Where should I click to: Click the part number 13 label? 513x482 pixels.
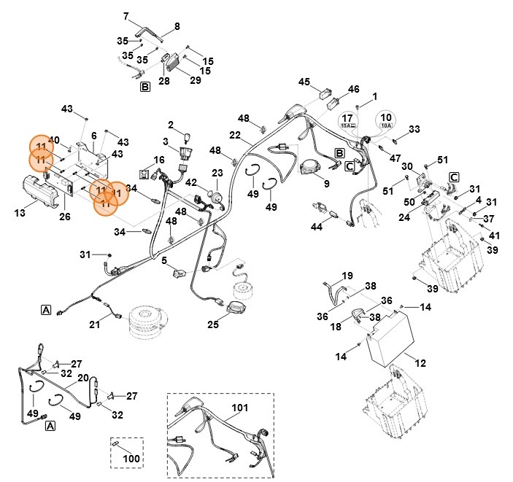click(x=20, y=212)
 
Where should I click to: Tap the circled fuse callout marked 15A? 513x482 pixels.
click(x=348, y=121)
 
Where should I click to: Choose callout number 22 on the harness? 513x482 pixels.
click(x=235, y=135)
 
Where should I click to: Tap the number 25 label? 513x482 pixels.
click(x=214, y=324)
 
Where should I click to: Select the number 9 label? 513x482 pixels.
click(x=326, y=184)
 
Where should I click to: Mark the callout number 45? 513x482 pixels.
click(x=305, y=82)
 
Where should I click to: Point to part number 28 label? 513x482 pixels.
click(x=164, y=81)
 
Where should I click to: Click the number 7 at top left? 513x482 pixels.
click(x=126, y=16)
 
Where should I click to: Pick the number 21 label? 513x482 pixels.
click(x=95, y=324)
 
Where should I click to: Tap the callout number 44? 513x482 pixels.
click(x=317, y=227)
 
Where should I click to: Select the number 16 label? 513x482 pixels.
click(x=159, y=160)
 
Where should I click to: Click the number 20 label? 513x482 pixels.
click(x=83, y=378)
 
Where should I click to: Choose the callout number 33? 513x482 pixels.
click(x=414, y=130)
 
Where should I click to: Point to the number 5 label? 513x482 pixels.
click(x=165, y=260)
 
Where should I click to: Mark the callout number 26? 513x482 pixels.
click(x=64, y=217)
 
